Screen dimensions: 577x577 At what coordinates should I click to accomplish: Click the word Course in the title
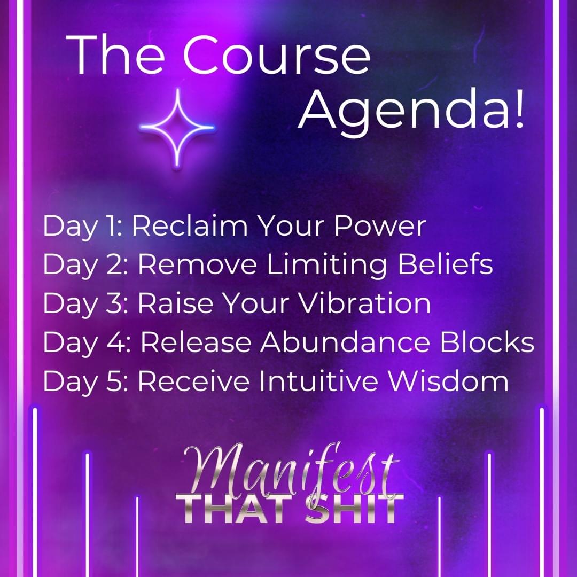pos(277,55)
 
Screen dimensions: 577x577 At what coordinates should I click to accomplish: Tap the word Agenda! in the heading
pos(411,111)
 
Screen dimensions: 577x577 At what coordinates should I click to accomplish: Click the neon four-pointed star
pos(177,127)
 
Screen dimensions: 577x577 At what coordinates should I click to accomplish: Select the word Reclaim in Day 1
pos(190,225)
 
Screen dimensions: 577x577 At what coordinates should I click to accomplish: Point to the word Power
pos(380,225)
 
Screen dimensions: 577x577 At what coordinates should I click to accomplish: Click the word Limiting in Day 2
pos(326,264)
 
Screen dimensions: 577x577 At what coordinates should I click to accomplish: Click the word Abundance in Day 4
pos(345,342)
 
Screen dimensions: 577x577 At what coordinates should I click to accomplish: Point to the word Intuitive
pos(318,381)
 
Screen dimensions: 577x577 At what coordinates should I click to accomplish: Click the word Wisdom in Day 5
pos(449,381)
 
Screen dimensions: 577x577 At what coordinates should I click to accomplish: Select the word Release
pos(196,342)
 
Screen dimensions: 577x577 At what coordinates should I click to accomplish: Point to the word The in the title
pos(115,55)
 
